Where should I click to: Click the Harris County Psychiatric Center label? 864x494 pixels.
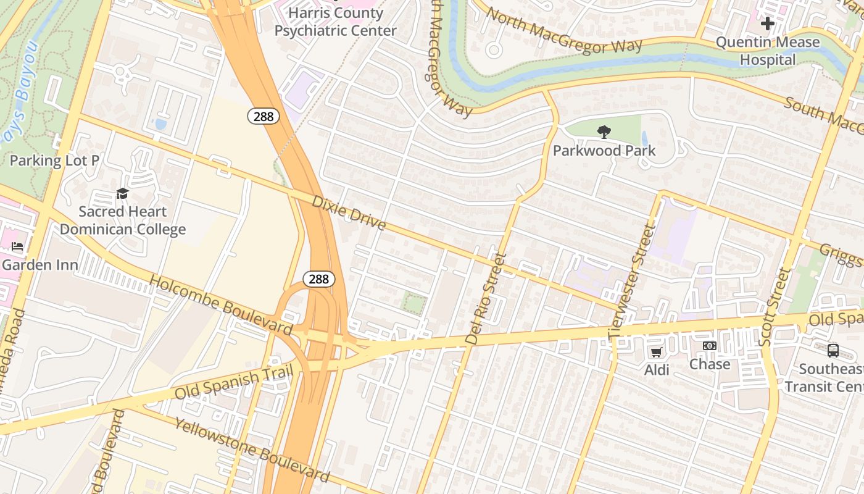point(335,22)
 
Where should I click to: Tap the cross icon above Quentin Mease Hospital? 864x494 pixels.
point(767,23)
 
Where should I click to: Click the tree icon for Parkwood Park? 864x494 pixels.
point(604,132)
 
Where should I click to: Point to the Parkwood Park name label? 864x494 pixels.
point(604,151)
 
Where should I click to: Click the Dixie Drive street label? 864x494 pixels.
point(349,212)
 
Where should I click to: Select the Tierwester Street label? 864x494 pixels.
point(631,282)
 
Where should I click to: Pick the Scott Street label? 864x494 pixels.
point(775,307)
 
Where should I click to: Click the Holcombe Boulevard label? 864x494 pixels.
point(220,306)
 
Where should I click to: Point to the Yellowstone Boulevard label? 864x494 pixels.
point(251,450)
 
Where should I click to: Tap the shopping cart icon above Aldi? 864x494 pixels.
point(656,352)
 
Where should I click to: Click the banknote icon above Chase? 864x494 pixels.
point(710,346)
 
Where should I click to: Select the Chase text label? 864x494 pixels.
point(710,364)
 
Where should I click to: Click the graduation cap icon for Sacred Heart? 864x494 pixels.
point(122,194)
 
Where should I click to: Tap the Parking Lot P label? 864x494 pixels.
point(54,161)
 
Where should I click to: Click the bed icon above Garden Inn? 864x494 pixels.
point(17,246)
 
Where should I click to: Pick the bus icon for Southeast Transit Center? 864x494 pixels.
point(833,351)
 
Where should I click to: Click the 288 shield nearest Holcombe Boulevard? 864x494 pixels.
point(318,279)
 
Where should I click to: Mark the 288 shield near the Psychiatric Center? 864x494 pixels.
point(264,115)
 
